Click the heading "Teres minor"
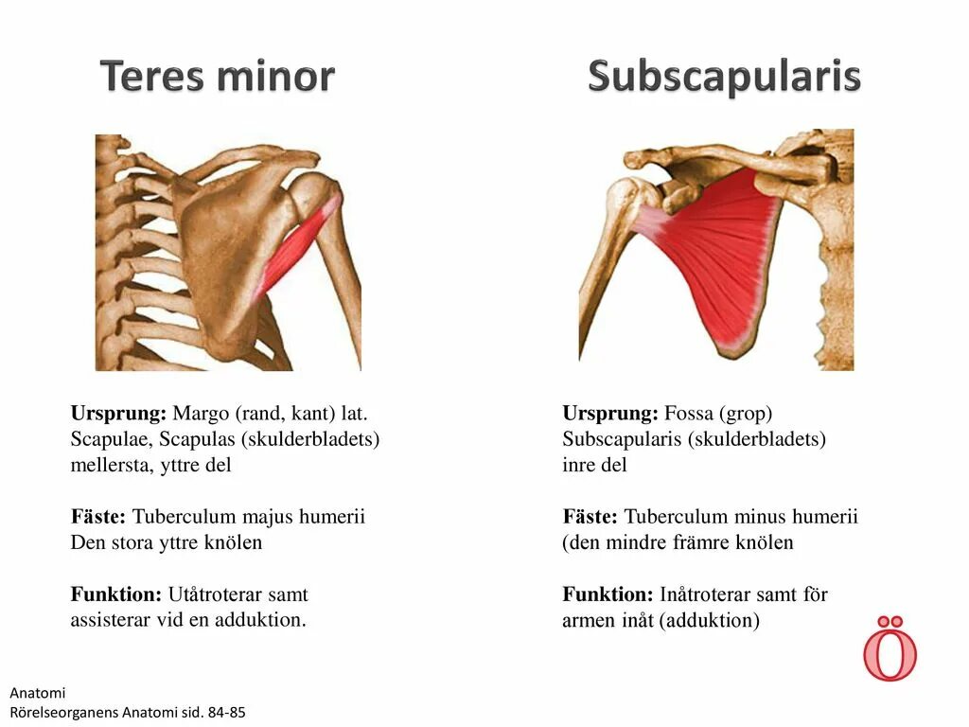pyautogui.click(x=218, y=76)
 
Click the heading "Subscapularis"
pyautogui.click(x=724, y=76)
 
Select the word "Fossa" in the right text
pyautogui.click(x=688, y=414)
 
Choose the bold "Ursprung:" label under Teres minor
pyautogui.click(x=118, y=414)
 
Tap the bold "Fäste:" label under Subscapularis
pyautogui.click(x=590, y=517)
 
